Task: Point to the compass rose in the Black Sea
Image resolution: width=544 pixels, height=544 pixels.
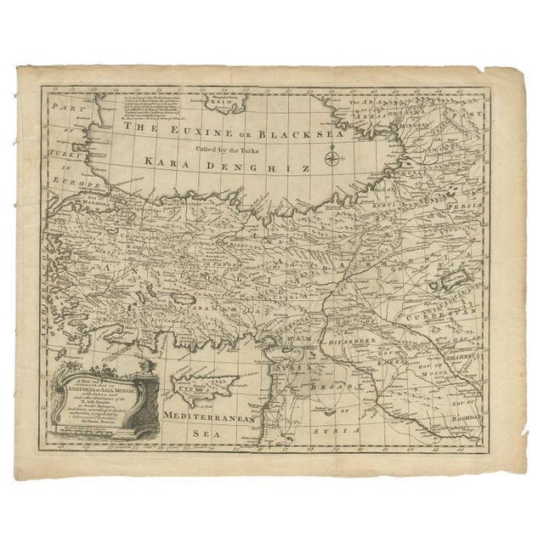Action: (x=332, y=157)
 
